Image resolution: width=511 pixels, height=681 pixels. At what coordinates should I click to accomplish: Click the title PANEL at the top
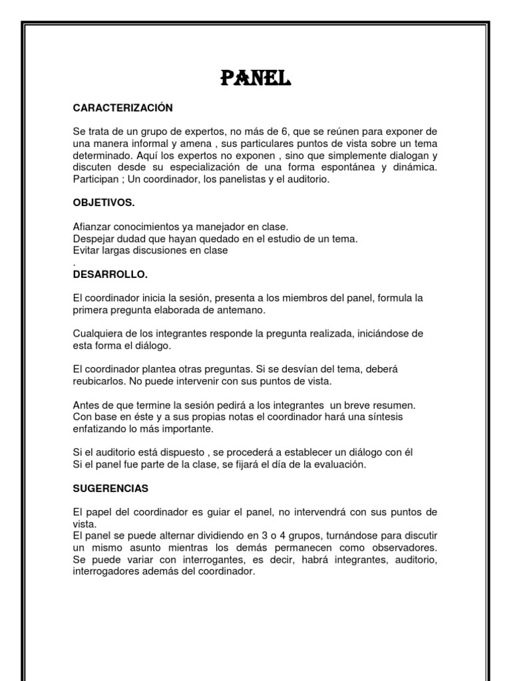255,79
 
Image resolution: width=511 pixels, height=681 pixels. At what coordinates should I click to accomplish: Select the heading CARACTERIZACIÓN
122,107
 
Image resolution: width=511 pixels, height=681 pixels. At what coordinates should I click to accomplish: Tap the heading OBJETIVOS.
104,202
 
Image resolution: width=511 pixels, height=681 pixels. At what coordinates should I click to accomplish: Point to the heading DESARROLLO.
110,274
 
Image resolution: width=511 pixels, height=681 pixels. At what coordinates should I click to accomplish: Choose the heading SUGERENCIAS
110,488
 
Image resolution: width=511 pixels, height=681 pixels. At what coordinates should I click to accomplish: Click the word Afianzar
92,227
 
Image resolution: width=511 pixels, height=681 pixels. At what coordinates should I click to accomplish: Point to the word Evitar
86,251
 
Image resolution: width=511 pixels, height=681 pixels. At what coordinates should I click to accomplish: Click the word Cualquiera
99,333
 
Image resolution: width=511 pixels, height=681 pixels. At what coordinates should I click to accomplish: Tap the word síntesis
384,416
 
